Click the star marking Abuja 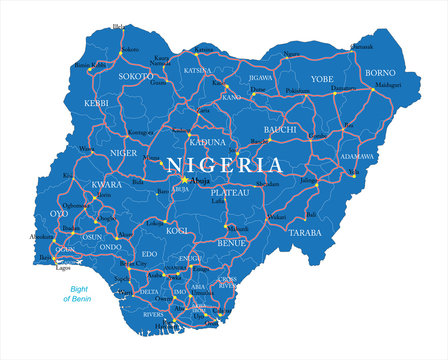(184, 181)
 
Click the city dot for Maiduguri (372, 89)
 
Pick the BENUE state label (232, 243)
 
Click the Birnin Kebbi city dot (90, 66)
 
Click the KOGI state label (177, 231)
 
